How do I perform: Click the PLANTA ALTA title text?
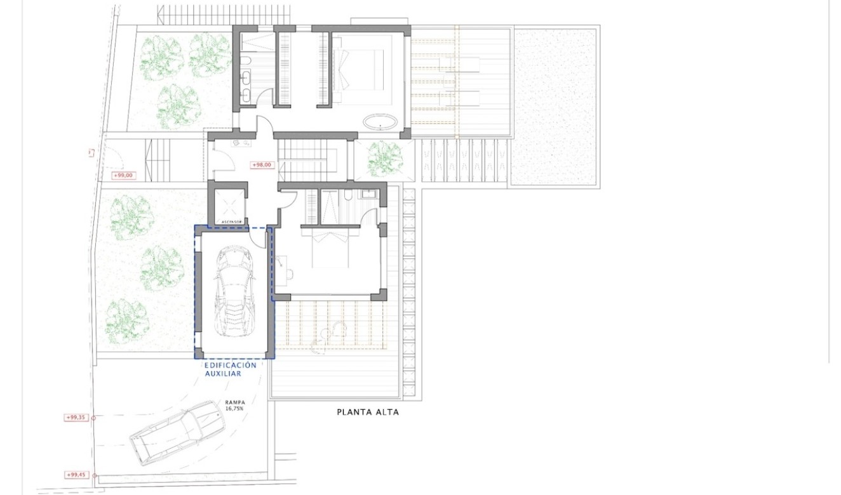(x=368, y=412)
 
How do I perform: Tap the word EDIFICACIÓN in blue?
(x=230, y=366)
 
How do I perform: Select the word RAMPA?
(x=235, y=402)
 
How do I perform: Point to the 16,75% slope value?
(x=235, y=409)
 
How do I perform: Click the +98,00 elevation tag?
(x=262, y=165)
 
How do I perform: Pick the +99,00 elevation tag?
(x=123, y=175)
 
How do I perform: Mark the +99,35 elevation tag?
(x=76, y=418)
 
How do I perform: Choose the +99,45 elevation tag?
(x=76, y=475)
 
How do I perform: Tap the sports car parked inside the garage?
(x=234, y=292)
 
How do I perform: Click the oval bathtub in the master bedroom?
(x=380, y=122)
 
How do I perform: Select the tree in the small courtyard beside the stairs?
(x=384, y=159)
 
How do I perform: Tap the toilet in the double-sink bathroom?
(x=247, y=61)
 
